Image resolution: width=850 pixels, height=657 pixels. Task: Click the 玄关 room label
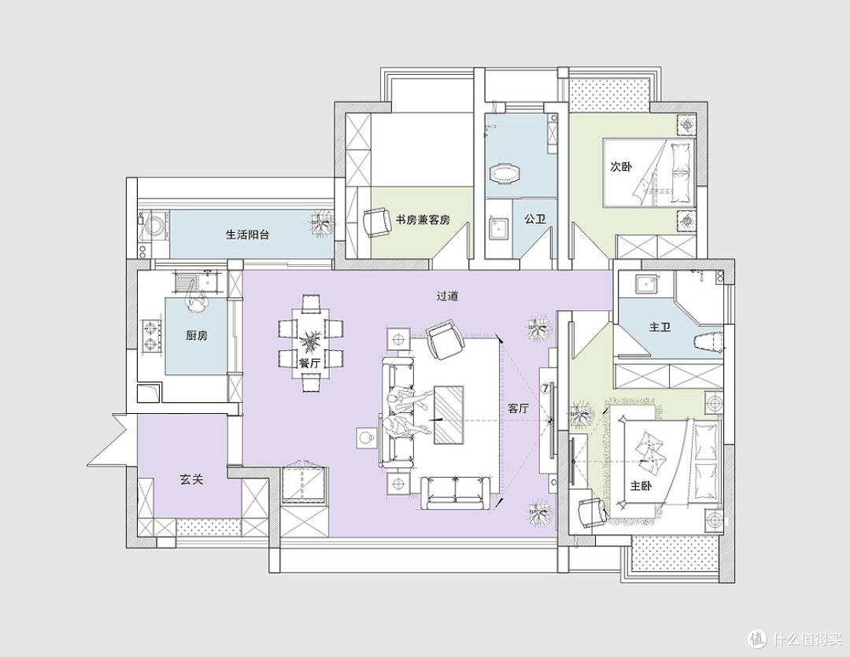click(191, 480)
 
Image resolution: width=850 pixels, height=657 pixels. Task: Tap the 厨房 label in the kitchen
click(197, 335)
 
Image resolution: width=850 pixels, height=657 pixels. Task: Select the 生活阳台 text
click(247, 234)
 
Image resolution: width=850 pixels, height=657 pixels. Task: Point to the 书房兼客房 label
click(423, 220)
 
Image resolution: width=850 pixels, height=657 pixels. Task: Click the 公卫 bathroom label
click(534, 219)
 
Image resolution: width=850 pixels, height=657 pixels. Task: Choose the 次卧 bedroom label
click(621, 167)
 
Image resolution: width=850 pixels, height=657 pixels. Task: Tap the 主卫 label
click(660, 327)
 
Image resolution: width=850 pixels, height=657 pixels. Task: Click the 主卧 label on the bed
click(641, 485)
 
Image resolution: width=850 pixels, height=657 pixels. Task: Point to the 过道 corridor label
click(448, 296)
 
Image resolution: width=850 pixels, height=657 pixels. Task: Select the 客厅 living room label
click(518, 408)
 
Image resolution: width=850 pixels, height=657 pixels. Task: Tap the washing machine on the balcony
click(154, 226)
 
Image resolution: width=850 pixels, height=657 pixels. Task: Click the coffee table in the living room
click(449, 415)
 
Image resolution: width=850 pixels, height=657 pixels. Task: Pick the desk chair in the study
click(377, 222)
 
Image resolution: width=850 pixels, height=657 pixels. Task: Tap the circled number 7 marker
click(546, 388)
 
